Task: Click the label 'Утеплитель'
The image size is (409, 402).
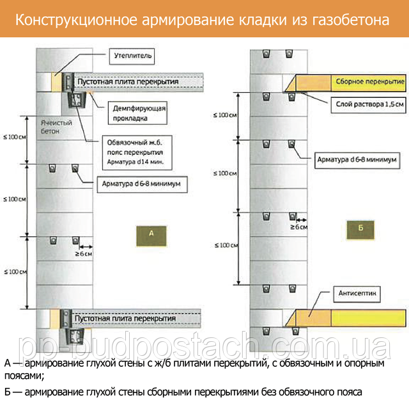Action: point(133,56)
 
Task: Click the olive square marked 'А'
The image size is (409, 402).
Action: point(151,234)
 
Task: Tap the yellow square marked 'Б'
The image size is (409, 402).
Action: point(360,227)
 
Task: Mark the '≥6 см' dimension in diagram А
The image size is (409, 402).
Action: point(84,254)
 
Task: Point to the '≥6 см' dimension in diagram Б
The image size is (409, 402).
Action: point(298,227)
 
